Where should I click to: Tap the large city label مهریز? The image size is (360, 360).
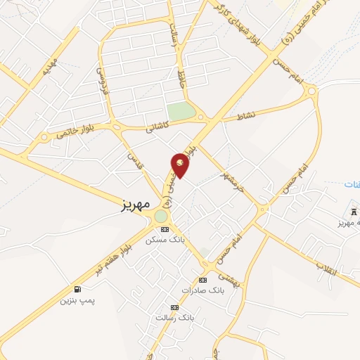tap(131, 204)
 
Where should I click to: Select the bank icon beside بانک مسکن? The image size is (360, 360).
tap(165, 229)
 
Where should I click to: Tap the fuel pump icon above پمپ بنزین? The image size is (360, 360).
tap(77, 290)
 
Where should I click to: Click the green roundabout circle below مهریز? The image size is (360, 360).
tap(161, 216)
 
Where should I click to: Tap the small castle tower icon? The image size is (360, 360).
tap(353, 212)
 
